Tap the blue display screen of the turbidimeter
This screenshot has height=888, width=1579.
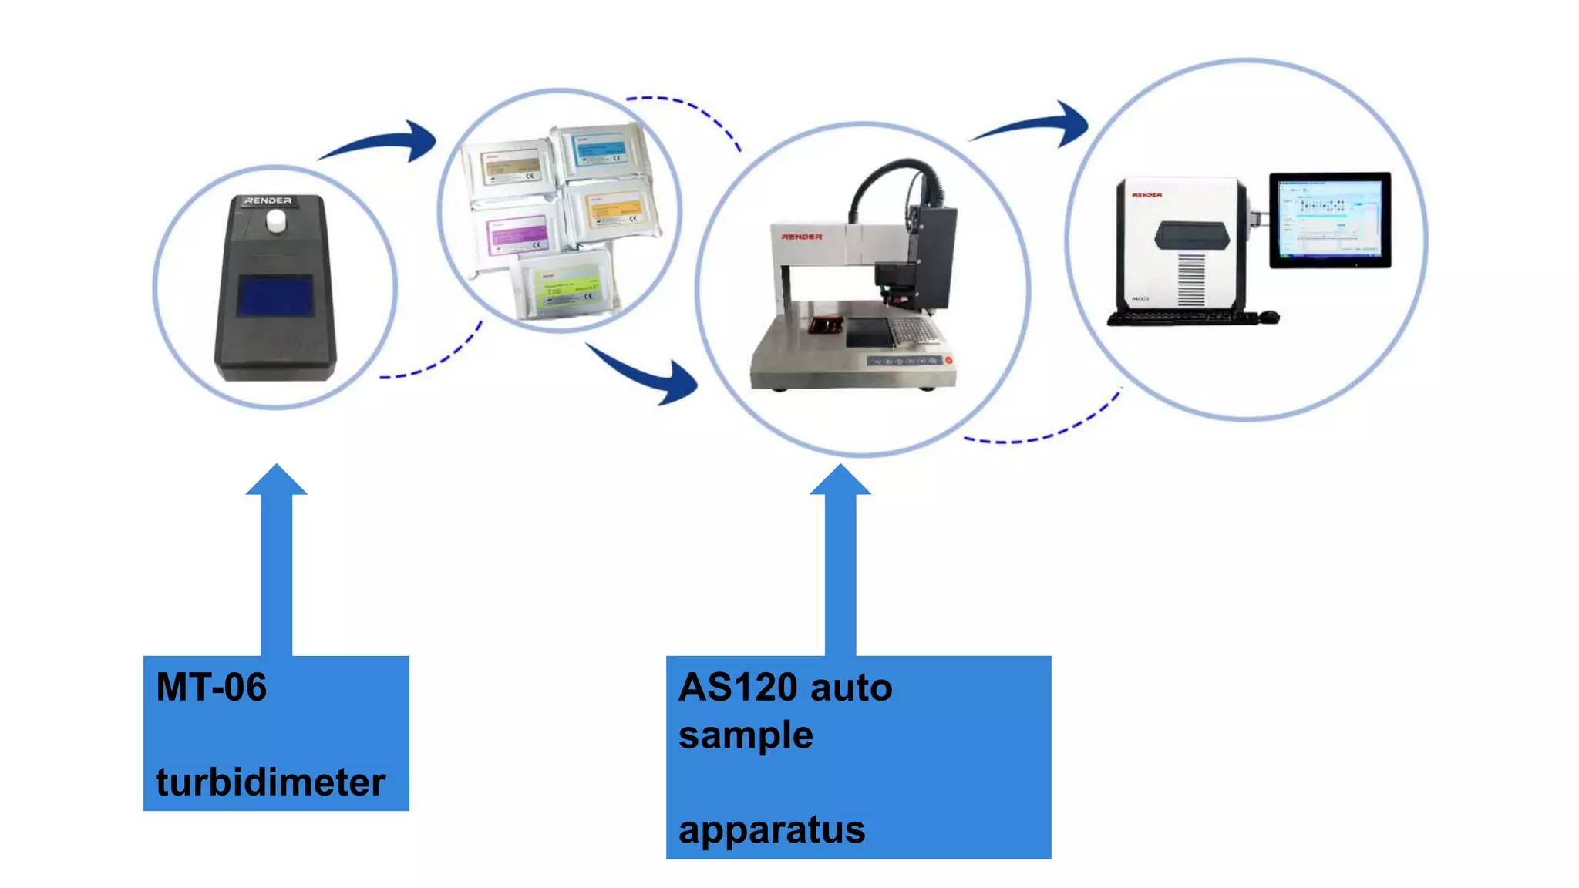tap(274, 296)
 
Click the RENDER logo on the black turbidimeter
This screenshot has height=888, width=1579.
tap(268, 200)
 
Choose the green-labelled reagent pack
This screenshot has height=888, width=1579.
tap(567, 285)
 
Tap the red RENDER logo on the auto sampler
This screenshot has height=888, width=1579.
tap(802, 237)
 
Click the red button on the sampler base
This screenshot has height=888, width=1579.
tap(948, 360)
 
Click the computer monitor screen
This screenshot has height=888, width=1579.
tap(1329, 220)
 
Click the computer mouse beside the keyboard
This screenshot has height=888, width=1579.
tap(1268, 316)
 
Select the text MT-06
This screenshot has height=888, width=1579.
tap(211, 687)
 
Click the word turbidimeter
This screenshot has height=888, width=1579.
tap(271, 782)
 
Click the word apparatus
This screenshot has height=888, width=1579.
tap(772, 830)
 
